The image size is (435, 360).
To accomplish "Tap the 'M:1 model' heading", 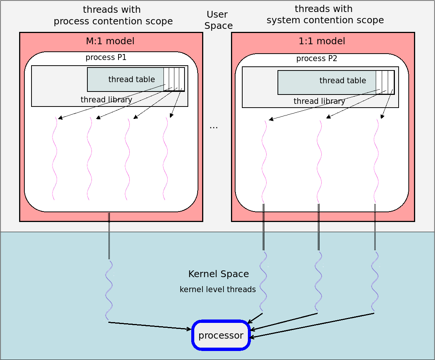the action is coord(110,41).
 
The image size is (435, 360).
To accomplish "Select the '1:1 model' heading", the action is coord(322,41).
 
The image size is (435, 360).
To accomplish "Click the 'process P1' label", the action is coord(106,57).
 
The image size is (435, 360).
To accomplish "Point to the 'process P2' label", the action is coord(316,58).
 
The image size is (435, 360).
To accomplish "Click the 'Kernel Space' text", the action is coord(219,274).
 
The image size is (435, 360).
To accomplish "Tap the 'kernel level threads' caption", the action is coord(218,289).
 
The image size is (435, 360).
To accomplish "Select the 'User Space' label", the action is coord(218,20).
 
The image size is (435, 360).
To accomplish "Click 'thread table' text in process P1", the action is coord(132,79).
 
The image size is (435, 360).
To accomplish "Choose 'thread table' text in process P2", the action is coord(343,80).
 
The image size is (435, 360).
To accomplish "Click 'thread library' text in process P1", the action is coord(106,100).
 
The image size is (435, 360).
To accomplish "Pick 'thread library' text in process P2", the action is coord(319,101).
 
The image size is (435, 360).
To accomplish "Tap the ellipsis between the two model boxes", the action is coord(214,127).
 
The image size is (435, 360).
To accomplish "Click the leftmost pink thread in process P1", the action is coord(55,158).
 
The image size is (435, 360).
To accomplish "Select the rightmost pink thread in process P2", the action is coord(376,161).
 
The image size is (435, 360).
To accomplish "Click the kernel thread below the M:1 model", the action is coord(109,290).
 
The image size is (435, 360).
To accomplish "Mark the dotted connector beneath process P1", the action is coord(109,236).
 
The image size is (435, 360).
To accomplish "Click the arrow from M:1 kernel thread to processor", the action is coord(150,325).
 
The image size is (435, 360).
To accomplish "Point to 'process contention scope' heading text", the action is coord(113,21).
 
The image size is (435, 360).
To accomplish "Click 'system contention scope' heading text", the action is coord(325,20).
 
